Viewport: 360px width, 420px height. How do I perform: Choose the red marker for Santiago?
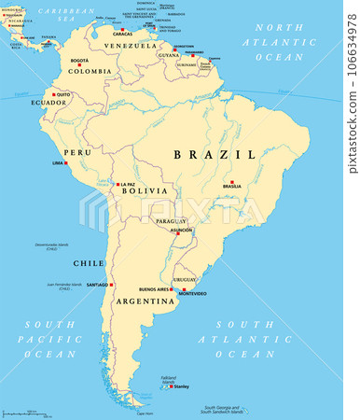pyautogui.click(x=111, y=284)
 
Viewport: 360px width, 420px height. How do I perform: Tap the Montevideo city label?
pyautogui.click(x=192, y=294)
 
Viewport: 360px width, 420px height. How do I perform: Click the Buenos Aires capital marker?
pyautogui.click(x=174, y=289)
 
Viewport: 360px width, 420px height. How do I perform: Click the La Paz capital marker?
pyautogui.click(x=116, y=185)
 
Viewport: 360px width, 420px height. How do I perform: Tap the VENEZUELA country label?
pyautogui.click(x=131, y=45)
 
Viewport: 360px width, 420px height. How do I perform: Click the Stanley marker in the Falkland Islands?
pyautogui.click(x=172, y=385)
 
